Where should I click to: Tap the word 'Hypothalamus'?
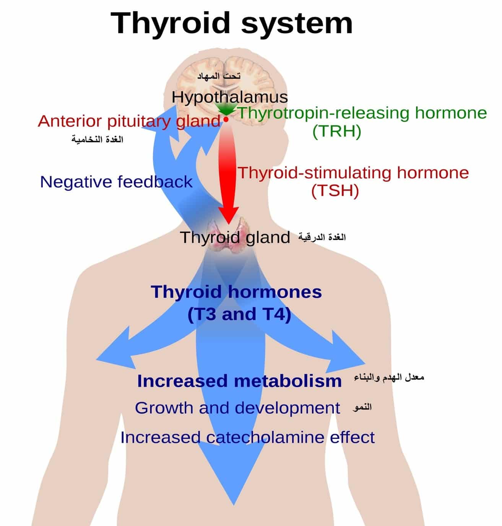(230, 97)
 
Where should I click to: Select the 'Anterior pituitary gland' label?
(129, 122)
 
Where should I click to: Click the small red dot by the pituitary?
(226, 119)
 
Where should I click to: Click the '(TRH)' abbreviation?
(337, 132)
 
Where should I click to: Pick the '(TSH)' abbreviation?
(335, 191)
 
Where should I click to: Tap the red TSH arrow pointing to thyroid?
(228, 173)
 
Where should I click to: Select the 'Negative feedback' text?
(116, 182)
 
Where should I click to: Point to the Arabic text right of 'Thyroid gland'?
(322, 238)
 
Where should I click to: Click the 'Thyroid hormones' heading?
(236, 292)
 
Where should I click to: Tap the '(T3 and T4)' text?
(239, 314)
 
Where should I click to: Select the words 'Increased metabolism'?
(239, 381)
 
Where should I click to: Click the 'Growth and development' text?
(237, 408)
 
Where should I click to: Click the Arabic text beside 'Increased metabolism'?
(389, 377)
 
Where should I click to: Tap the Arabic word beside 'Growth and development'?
(362, 407)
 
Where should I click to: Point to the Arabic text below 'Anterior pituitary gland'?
(97, 140)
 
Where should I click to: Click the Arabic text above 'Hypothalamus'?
(219, 76)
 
